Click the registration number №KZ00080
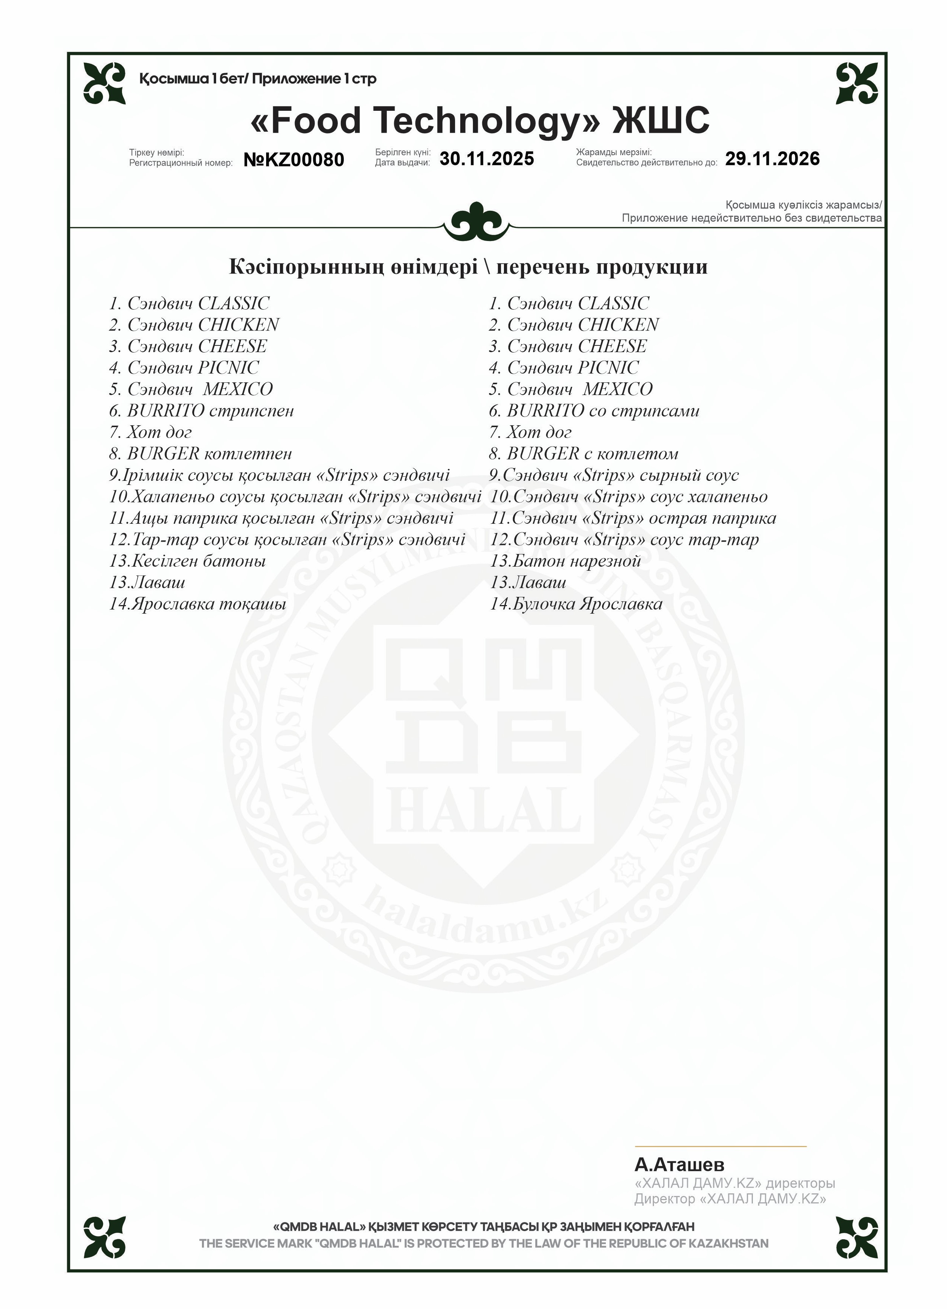pyautogui.click(x=293, y=160)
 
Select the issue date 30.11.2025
pyautogui.click(x=487, y=159)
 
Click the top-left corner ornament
pyautogui.click(x=105, y=83)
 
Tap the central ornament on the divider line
pyautogui.click(x=477, y=222)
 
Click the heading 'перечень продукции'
pyautogui.click(x=602, y=267)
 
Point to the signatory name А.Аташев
pyautogui.click(x=679, y=1165)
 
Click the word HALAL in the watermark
pyautogui.click(x=484, y=810)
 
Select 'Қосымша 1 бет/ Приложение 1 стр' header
pyautogui.click(x=258, y=79)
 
